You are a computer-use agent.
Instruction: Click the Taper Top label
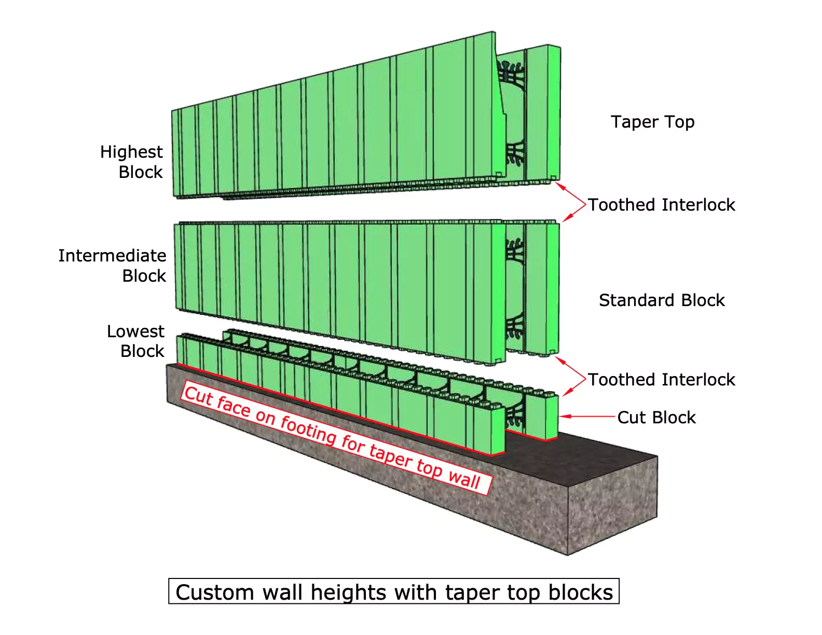click(x=652, y=122)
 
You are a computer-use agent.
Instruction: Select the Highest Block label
click(x=132, y=161)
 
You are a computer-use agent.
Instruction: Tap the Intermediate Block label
click(x=113, y=265)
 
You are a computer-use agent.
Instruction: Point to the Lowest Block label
click(x=135, y=341)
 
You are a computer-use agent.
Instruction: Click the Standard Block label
click(x=662, y=300)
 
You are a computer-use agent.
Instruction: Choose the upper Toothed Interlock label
click(x=662, y=205)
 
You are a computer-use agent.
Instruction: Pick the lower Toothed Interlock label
click(x=662, y=380)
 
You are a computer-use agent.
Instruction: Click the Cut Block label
click(x=656, y=418)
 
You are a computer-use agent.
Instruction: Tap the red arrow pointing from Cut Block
click(x=586, y=416)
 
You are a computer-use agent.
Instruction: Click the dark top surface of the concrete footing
click(x=597, y=451)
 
